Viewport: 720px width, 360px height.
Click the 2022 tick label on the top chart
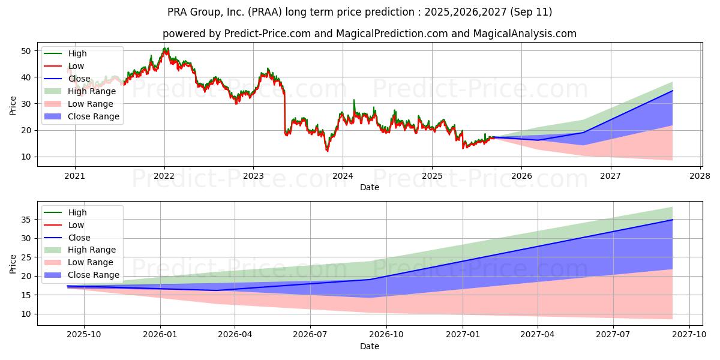(x=164, y=176)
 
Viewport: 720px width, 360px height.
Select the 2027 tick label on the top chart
(x=611, y=176)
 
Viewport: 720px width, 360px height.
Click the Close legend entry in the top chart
(x=79, y=79)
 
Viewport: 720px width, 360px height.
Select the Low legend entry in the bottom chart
(x=77, y=225)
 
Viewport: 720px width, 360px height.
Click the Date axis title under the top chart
(x=369, y=187)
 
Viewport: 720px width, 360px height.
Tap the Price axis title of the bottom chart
(x=13, y=263)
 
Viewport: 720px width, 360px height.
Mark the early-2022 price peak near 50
(x=165, y=49)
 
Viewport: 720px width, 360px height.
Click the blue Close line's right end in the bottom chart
(x=672, y=220)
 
